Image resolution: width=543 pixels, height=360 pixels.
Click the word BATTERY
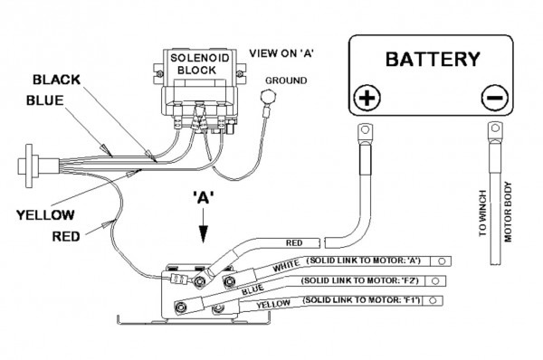coord(433,60)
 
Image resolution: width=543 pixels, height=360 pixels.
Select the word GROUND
coord(286,81)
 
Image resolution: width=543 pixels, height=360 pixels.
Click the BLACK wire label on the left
coord(56,80)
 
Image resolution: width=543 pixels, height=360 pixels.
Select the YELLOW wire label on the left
coord(46,214)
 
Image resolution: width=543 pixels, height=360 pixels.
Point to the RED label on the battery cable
coord(293,243)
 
